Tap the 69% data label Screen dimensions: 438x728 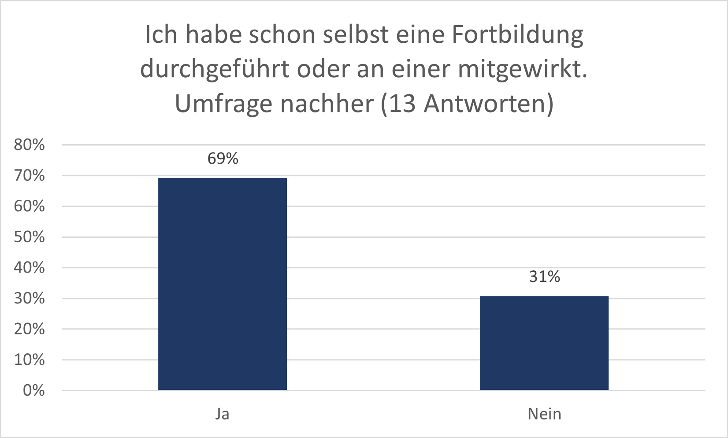(223, 159)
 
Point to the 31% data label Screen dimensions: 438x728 (544, 277)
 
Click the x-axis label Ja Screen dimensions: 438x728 (223, 414)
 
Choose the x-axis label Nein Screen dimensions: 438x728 (544, 414)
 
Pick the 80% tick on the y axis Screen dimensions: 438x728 (30, 145)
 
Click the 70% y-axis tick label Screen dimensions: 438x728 (30, 176)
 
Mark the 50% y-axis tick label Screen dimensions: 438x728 (30, 237)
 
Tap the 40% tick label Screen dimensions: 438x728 (30, 268)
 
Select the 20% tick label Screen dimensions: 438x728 (30, 329)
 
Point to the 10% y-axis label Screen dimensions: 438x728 (30, 360)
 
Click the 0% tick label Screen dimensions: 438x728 (34, 390)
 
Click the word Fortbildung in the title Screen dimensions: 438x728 (518, 35)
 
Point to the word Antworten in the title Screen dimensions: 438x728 (485, 104)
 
